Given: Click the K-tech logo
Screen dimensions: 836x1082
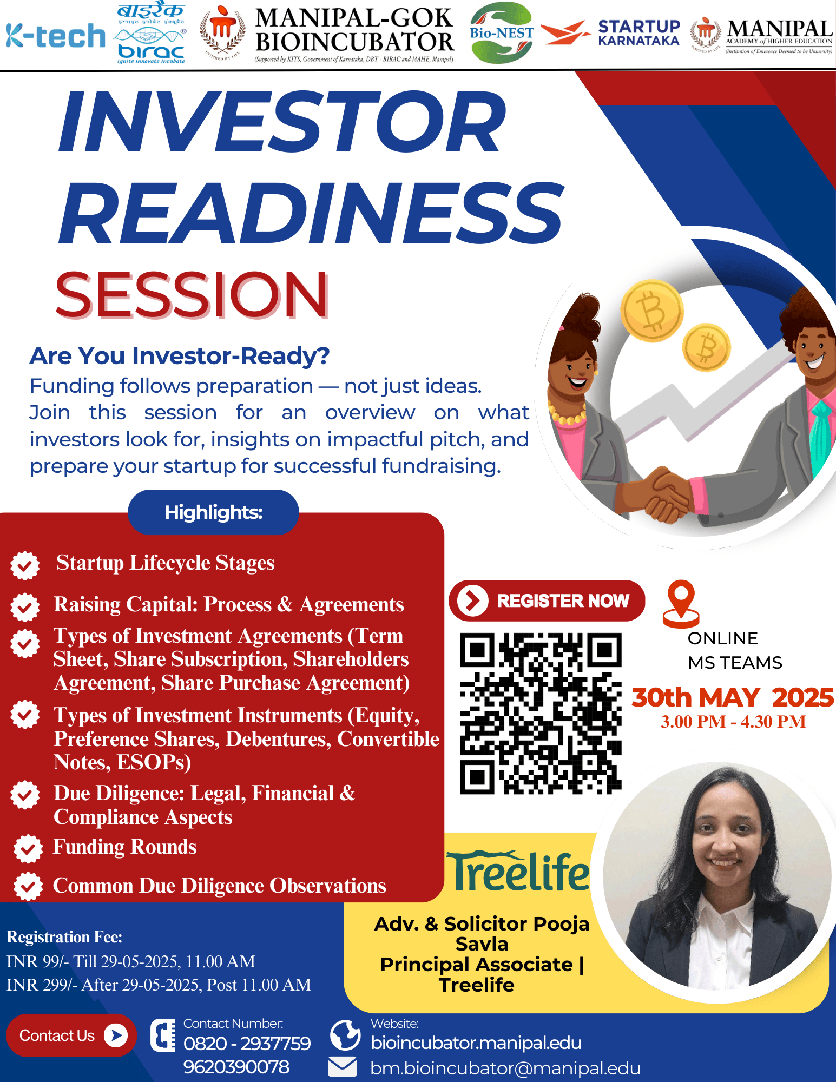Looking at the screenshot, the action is (x=56, y=36).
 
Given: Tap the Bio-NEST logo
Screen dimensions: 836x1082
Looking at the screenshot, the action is (x=502, y=33).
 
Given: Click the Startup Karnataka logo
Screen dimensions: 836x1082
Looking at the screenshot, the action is (x=611, y=33).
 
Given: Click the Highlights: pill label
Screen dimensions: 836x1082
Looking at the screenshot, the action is (x=213, y=512).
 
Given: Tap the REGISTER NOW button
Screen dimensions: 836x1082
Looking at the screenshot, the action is (x=547, y=601).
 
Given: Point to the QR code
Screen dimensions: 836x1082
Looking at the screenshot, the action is (x=541, y=714).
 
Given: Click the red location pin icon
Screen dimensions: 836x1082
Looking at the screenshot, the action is (x=681, y=604).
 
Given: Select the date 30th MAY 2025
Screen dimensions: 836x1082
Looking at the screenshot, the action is (x=733, y=697).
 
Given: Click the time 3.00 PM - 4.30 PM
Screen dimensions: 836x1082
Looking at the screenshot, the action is (x=733, y=722).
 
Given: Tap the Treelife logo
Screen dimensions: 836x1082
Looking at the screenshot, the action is (x=517, y=871).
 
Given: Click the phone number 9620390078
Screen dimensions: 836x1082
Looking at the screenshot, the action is (x=236, y=1067).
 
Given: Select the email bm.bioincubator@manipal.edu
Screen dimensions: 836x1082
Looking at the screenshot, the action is (x=505, y=1068).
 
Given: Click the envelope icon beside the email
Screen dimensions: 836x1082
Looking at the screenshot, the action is (x=343, y=1067).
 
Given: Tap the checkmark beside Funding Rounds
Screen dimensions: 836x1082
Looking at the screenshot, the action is (x=28, y=848).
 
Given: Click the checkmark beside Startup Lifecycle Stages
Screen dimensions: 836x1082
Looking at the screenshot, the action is (x=25, y=566).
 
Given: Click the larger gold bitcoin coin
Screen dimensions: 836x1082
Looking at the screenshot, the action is (x=651, y=311).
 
